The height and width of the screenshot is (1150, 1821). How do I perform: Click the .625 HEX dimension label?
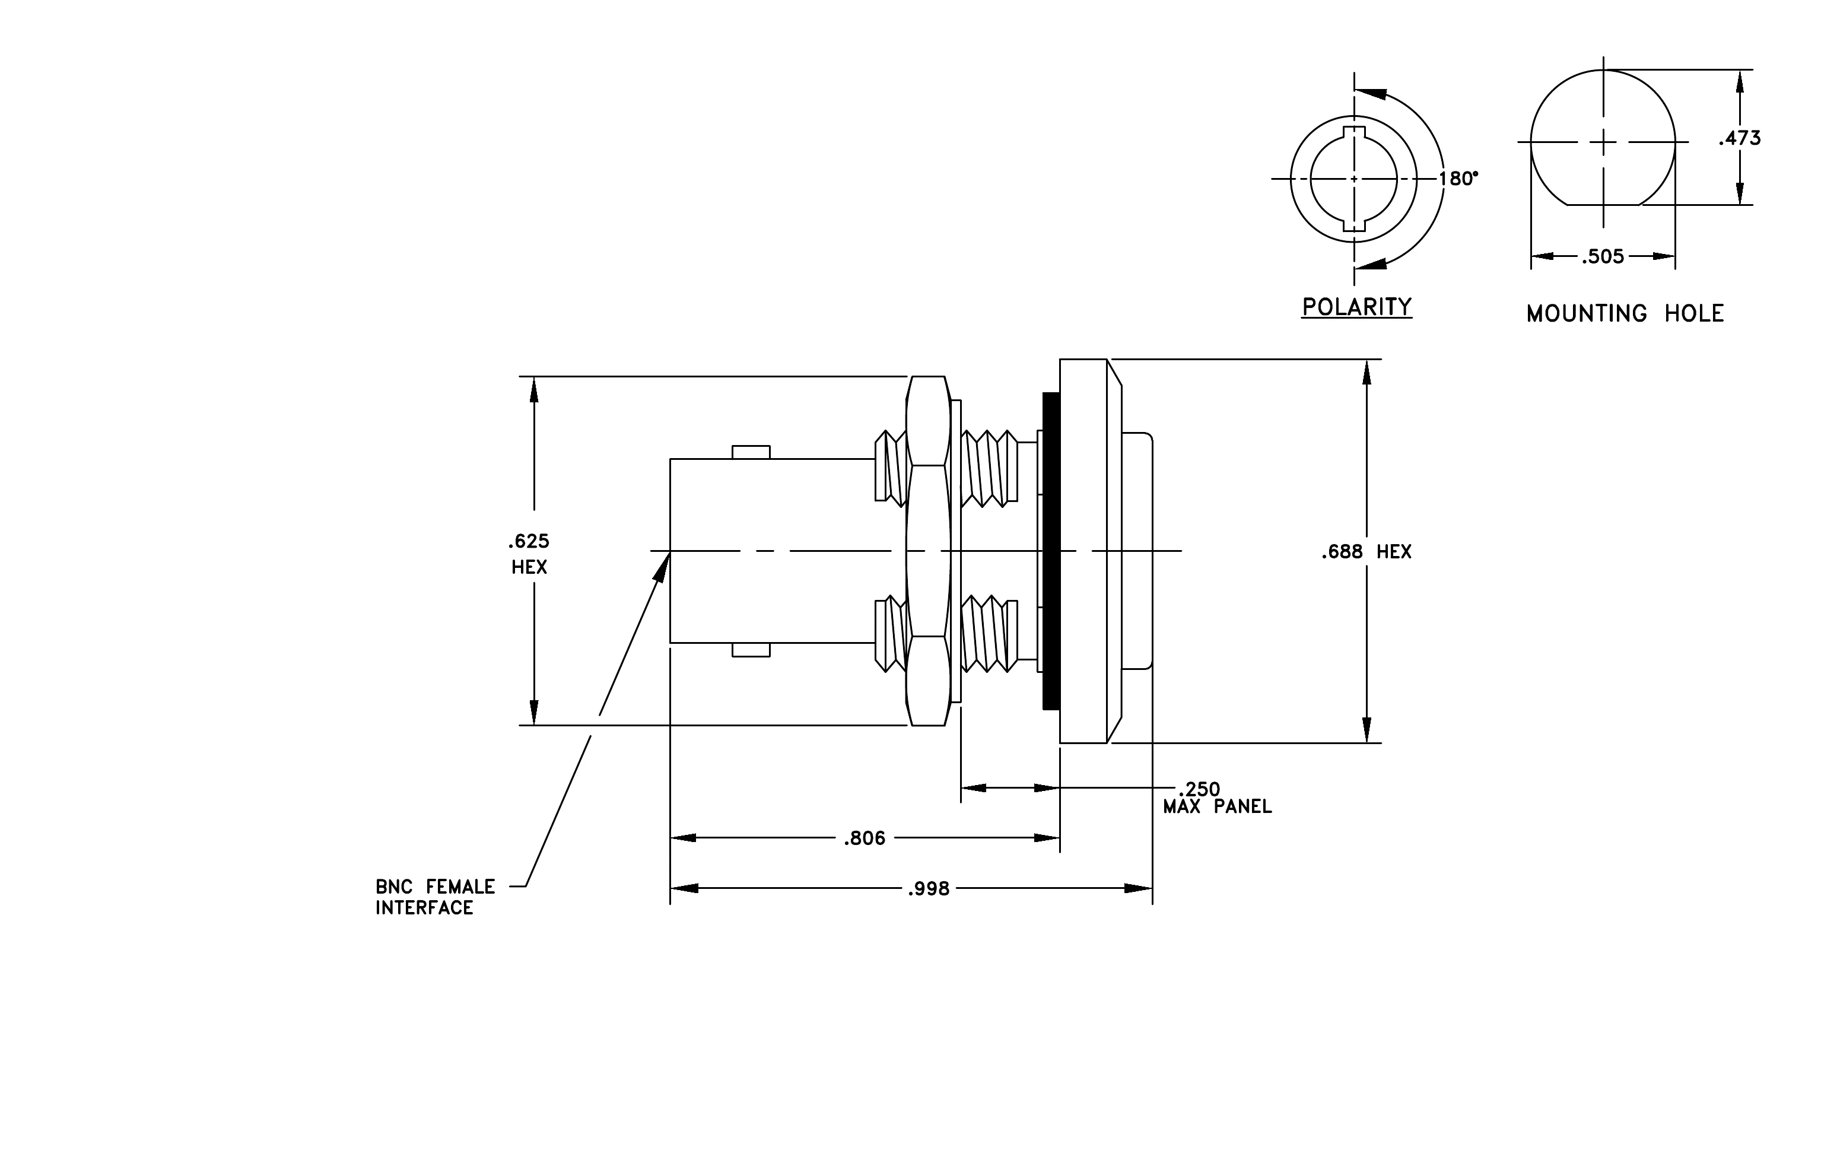click(529, 554)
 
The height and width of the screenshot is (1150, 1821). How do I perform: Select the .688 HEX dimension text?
click(1366, 552)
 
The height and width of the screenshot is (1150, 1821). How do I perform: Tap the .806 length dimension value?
click(865, 838)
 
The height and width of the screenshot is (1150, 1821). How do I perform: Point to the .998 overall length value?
click(929, 889)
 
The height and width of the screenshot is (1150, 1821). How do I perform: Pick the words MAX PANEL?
click(1218, 807)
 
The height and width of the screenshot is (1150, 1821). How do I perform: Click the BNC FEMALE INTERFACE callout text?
click(436, 897)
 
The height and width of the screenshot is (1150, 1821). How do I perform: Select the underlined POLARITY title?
click(1356, 307)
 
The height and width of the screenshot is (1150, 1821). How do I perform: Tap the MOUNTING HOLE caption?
click(1625, 314)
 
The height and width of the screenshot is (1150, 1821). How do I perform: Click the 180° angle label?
click(1458, 179)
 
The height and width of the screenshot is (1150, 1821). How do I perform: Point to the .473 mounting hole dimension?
click(1739, 138)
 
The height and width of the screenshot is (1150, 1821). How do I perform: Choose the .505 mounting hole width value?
click(1603, 257)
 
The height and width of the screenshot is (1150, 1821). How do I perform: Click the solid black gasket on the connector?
click(1050, 551)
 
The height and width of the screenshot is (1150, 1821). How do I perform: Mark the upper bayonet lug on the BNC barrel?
click(751, 452)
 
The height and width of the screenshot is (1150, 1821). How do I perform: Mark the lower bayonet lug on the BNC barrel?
click(751, 650)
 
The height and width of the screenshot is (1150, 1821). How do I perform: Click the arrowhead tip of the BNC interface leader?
click(669, 552)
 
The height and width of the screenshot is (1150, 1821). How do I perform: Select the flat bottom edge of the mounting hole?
click(1603, 205)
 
